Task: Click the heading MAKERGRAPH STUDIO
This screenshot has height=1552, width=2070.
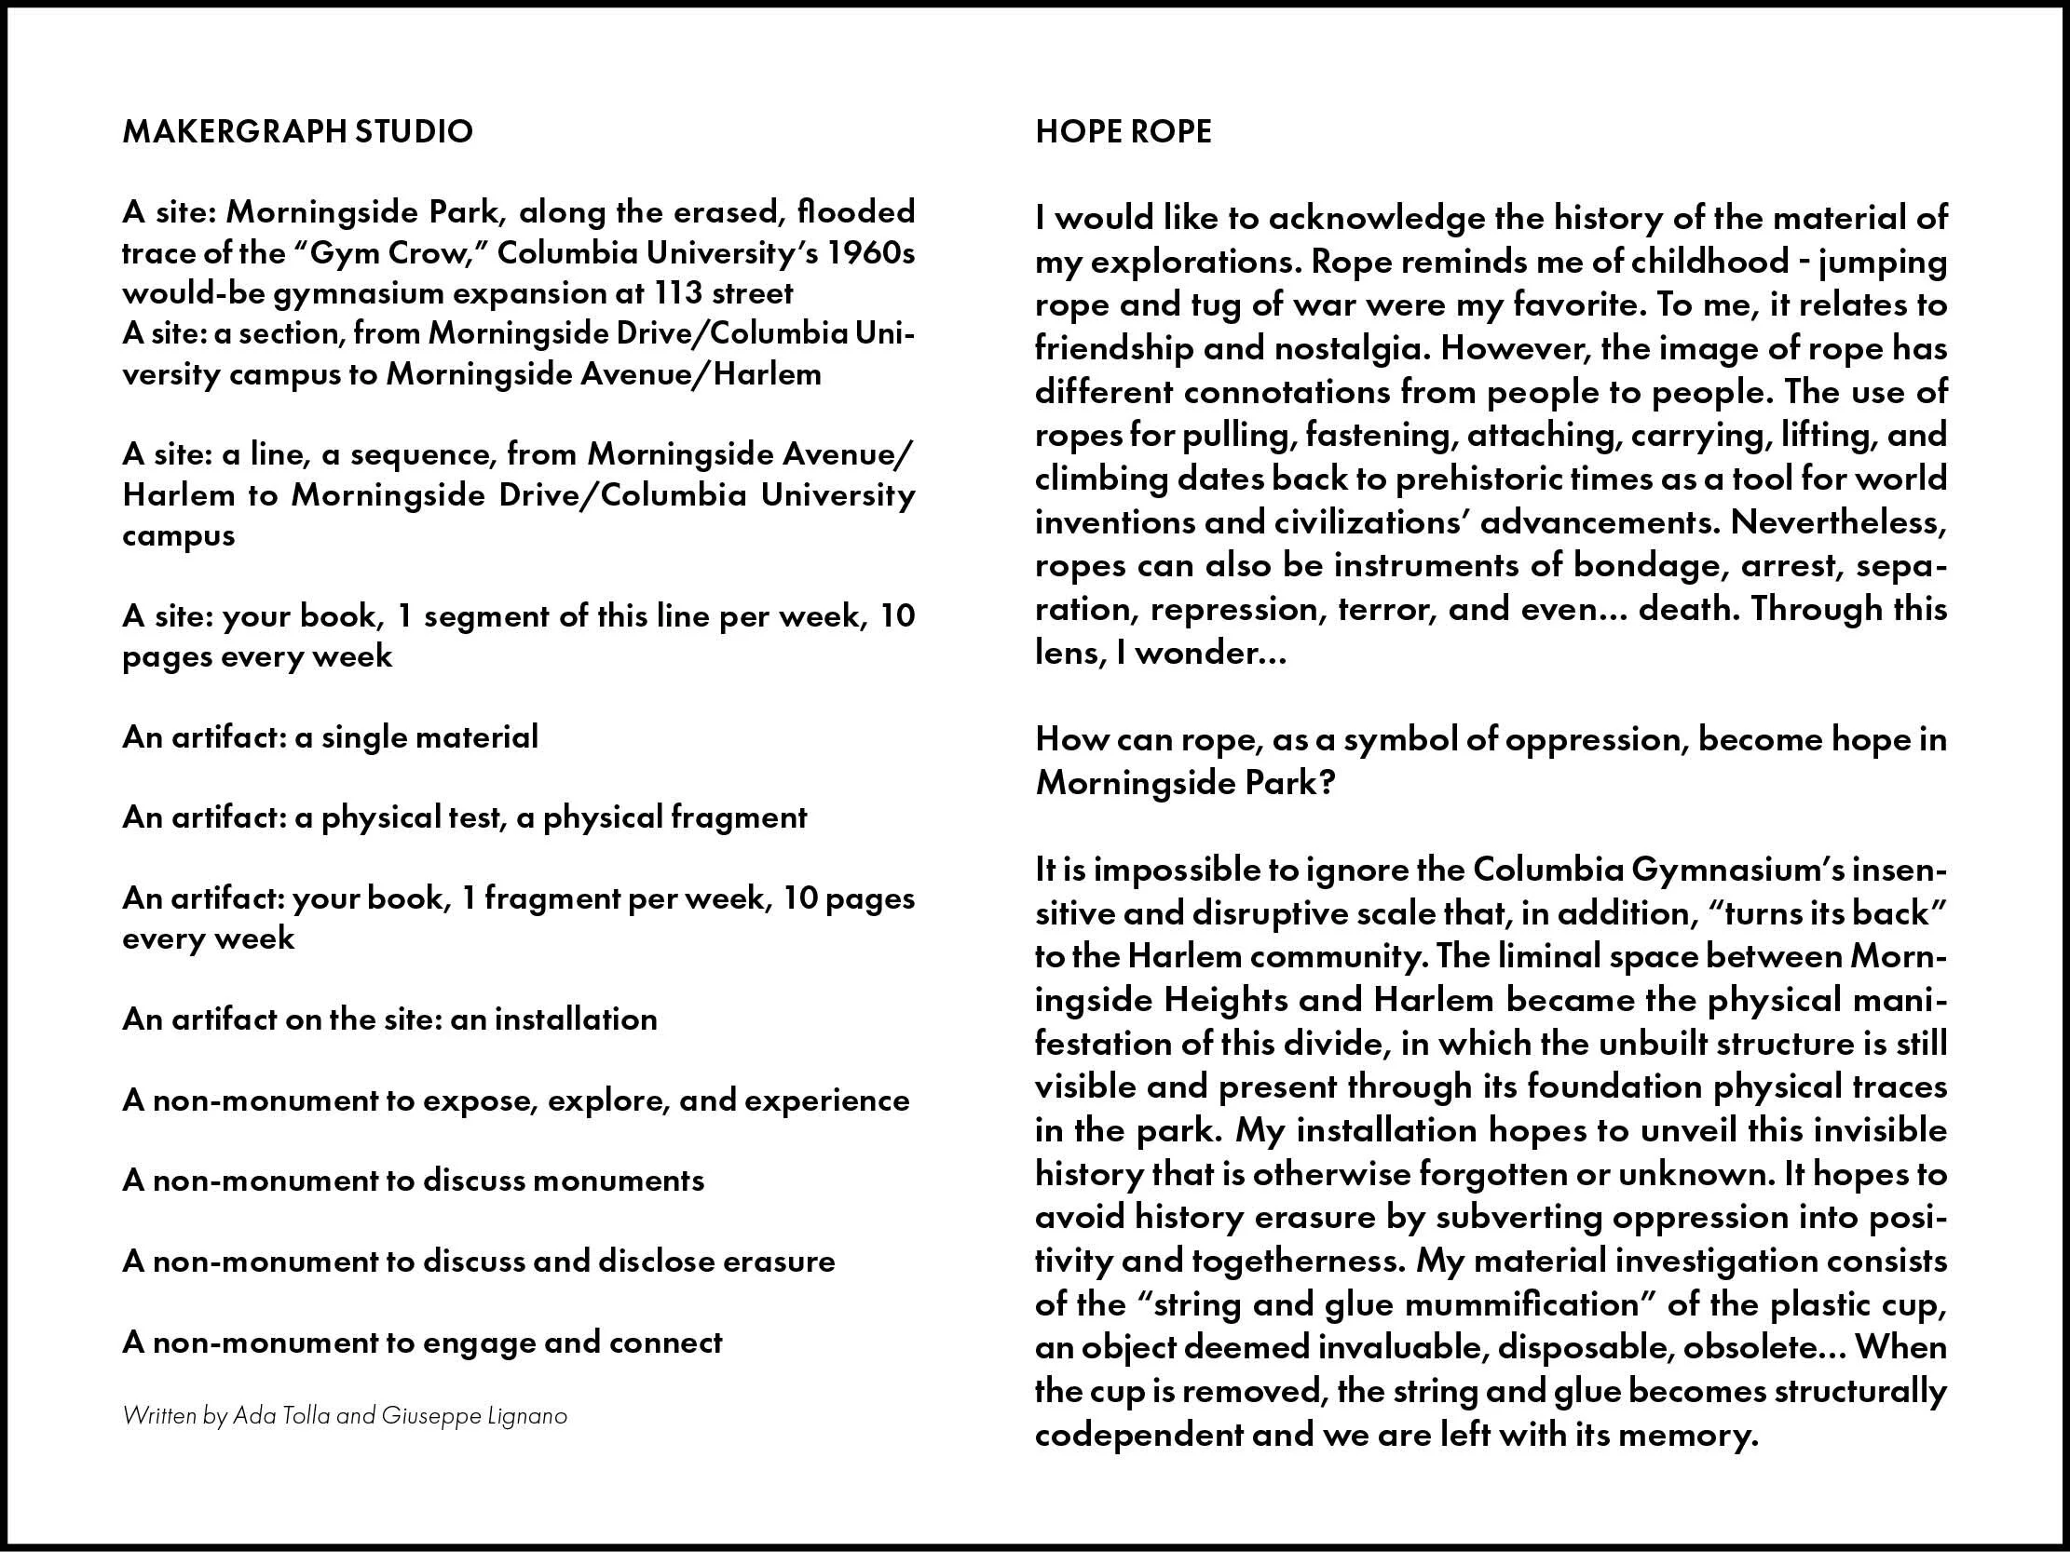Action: (x=297, y=131)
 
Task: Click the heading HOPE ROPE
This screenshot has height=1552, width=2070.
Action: (x=1123, y=131)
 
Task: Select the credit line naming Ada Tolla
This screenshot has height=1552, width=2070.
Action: (x=345, y=1415)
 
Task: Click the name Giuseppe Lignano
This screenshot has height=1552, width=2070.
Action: (x=473, y=1415)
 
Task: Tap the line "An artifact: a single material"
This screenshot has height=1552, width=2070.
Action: (x=331, y=737)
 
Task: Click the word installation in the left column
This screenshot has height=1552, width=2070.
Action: (x=576, y=1019)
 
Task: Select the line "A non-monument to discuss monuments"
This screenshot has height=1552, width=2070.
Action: (x=413, y=1181)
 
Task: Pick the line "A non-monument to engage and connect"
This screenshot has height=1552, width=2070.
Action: (x=422, y=1343)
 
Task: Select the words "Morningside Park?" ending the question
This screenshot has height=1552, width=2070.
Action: (x=1184, y=782)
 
